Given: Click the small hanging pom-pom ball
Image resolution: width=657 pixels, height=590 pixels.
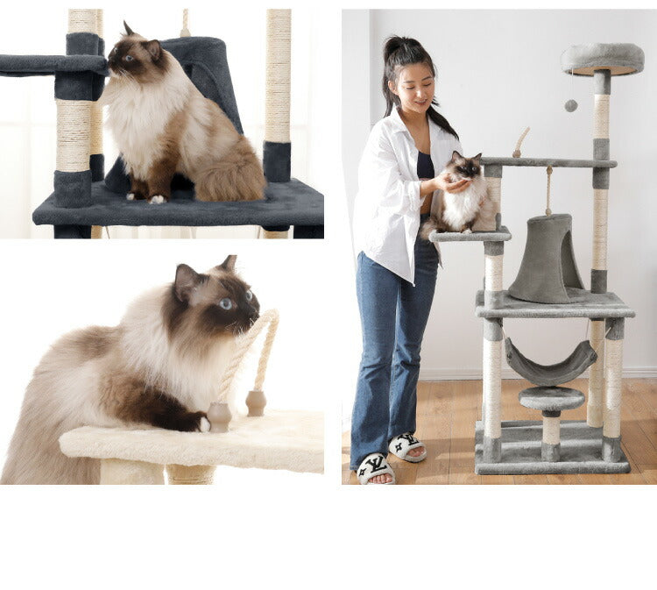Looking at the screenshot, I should (x=570, y=105).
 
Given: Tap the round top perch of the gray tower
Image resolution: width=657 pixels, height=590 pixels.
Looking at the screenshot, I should (x=603, y=58).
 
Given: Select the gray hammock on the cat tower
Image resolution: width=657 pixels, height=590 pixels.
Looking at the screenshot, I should (x=550, y=360).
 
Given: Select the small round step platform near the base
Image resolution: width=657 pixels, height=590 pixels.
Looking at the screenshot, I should (x=551, y=399).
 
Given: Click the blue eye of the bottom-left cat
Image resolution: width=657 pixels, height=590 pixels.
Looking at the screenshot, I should (x=226, y=303).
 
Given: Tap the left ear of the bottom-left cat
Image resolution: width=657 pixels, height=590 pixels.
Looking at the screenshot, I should (x=185, y=281).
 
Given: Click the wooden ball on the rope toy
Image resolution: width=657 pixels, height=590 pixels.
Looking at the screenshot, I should (x=256, y=402).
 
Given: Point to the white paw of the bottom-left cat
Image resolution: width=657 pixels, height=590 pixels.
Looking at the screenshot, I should (x=203, y=424).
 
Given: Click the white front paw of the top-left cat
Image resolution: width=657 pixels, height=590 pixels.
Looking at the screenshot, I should (x=157, y=199).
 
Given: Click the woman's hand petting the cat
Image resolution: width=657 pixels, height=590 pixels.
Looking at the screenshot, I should (x=450, y=183).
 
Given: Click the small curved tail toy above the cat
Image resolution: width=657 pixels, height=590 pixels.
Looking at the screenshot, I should (x=521, y=141).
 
